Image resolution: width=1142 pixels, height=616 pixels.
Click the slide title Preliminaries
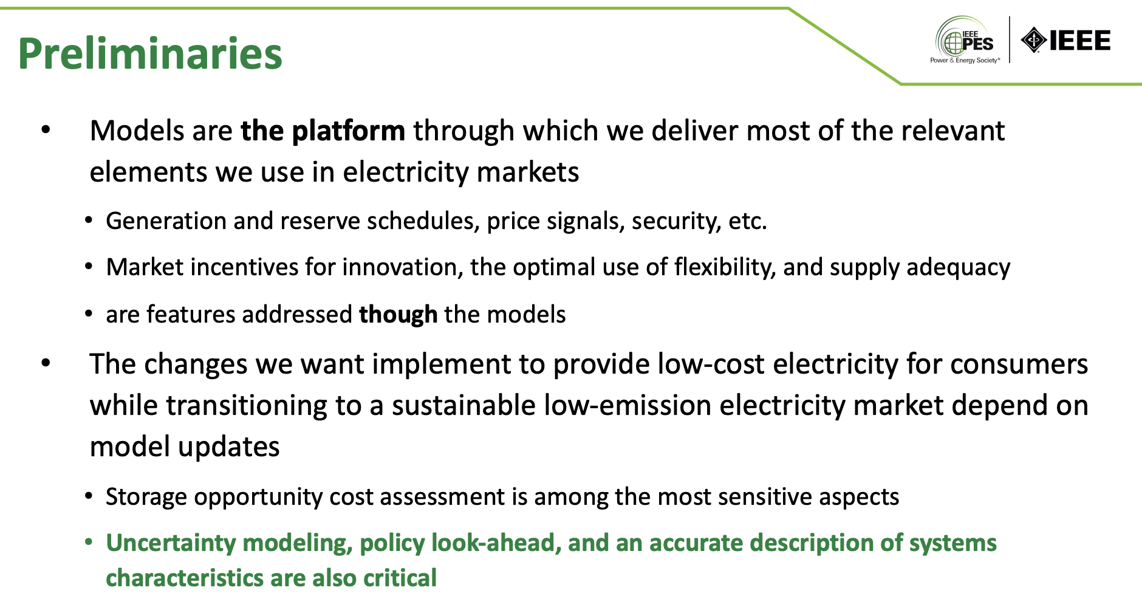(150, 53)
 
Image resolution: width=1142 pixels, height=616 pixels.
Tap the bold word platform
(349, 131)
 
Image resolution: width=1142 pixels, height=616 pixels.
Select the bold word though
(398, 315)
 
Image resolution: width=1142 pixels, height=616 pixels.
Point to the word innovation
(403, 267)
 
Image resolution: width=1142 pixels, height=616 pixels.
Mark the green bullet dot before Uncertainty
(89, 541)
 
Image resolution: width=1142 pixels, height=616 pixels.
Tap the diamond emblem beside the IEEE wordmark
(1034, 41)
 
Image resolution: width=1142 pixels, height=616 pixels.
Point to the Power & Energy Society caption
(965, 60)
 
